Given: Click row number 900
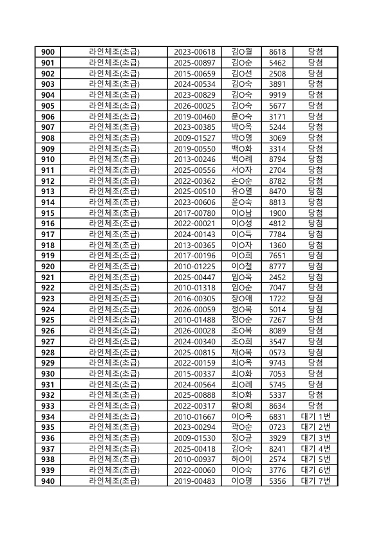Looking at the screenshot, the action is pyautogui.click(x=48, y=52).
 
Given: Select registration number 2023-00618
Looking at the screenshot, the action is pyautogui.click(x=194, y=52).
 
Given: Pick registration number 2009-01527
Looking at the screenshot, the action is pyautogui.click(x=194, y=138).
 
